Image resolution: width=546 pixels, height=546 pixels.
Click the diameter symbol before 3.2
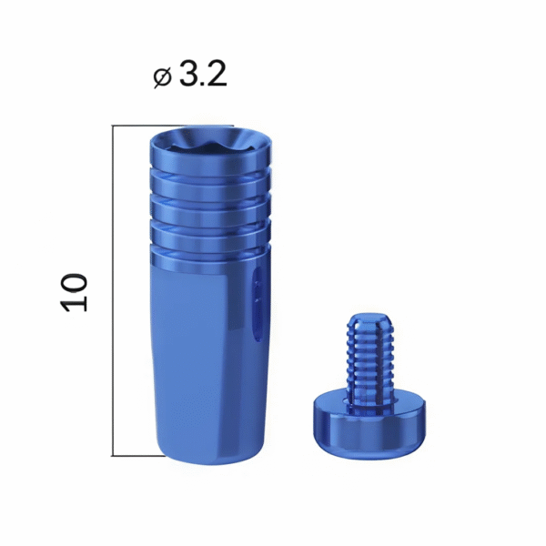coord(162,77)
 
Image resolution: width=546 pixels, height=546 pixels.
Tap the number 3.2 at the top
coord(203,75)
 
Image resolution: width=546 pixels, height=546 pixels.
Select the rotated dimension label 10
coord(74,292)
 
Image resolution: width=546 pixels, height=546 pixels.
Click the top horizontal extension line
coord(172,126)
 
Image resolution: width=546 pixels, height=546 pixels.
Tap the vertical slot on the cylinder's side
coord(257,304)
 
